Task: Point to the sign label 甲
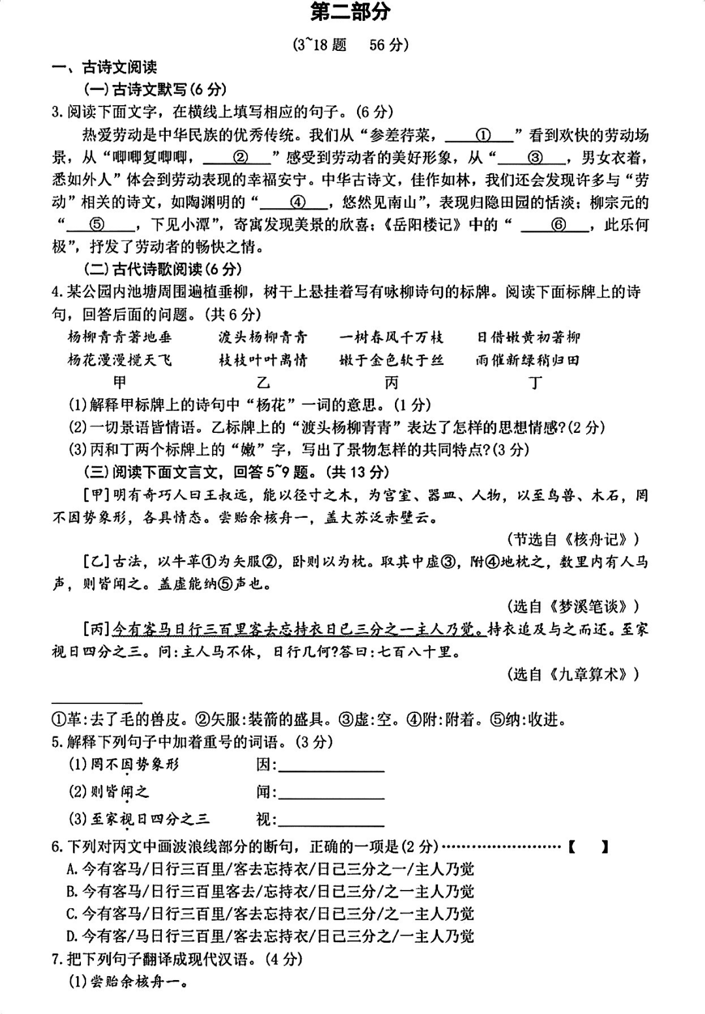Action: [x=119, y=382]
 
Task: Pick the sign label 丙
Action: [x=391, y=382]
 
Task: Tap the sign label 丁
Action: [x=535, y=382]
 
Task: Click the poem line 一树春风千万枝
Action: [x=391, y=337]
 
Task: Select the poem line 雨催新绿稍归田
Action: [x=527, y=360]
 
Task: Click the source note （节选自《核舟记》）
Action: [x=572, y=539]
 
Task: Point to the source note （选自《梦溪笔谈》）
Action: [x=572, y=607]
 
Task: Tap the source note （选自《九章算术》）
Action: [x=572, y=674]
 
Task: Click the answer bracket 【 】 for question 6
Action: [x=588, y=847]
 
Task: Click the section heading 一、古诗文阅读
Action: [x=104, y=67]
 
